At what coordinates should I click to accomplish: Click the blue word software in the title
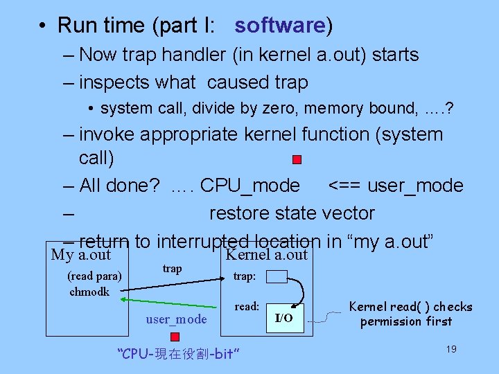(279, 26)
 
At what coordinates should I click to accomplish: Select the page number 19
(450, 349)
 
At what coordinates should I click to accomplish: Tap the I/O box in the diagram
(284, 318)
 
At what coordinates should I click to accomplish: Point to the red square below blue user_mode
(175, 337)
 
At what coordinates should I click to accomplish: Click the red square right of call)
(297, 159)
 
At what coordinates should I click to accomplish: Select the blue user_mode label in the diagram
(176, 319)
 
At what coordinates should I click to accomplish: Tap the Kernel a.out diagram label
(266, 255)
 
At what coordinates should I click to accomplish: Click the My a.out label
(81, 255)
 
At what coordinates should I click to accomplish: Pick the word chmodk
(89, 292)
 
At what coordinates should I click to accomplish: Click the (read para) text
(94, 276)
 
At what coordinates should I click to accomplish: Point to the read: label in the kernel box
(247, 306)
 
